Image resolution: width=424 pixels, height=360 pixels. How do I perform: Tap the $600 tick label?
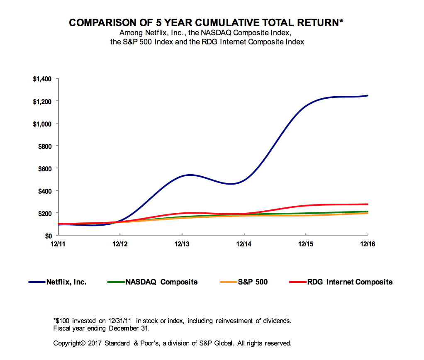[44, 168]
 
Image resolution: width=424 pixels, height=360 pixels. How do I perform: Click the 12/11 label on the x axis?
[58, 244]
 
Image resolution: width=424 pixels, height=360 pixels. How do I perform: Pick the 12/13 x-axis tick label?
[182, 244]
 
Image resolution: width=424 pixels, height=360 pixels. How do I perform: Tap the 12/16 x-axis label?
[368, 244]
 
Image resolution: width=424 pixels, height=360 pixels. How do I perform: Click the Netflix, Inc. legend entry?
[66, 282]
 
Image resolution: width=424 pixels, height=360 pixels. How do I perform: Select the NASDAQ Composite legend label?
[161, 282]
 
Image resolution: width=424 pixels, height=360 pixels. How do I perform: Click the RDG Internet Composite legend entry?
[350, 282]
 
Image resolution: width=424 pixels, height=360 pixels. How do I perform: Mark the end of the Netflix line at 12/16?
[368, 95]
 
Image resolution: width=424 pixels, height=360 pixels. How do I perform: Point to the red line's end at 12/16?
[368, 204]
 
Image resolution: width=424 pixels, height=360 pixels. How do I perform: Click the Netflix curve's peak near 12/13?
[189, 175]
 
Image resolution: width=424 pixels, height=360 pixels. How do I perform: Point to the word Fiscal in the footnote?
[62, 328]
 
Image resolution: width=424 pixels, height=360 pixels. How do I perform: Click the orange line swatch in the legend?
[228, 282]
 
